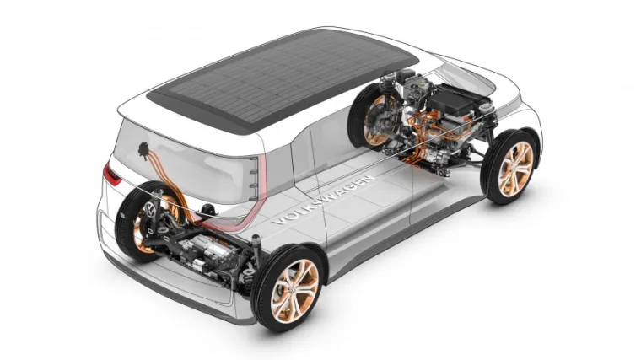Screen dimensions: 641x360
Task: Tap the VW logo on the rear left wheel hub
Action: pyautogui.click(x=150, y=211)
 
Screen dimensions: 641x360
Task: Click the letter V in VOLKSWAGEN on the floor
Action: pyautogui.click(x=278, y=222)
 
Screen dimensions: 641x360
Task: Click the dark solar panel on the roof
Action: pyautogui.click(x=282, y=79)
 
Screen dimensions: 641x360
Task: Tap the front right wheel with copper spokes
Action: pyautogui.click(x=510, y=166)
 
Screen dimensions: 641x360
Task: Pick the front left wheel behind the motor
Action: pyautogui.click(x=371, y=119)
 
